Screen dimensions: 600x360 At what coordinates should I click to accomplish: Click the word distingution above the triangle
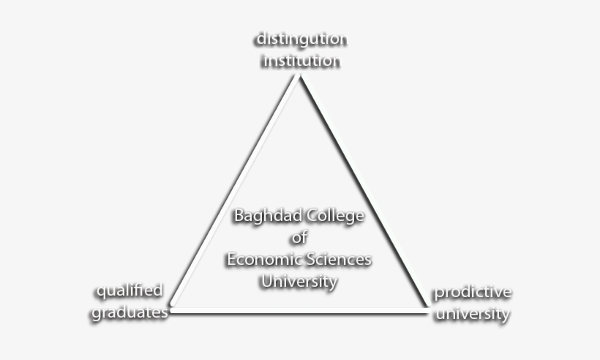point(302,40)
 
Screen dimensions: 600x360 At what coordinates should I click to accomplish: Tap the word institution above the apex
point(301,61)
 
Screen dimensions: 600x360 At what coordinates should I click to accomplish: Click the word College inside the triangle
point(336,216)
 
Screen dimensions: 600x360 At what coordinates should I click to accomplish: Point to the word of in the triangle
point(299,238)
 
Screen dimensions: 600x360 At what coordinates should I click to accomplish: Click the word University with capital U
point(299,282)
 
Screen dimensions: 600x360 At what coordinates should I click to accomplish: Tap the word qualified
point(130,291)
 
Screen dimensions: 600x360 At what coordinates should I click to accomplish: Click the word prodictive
point(473,293)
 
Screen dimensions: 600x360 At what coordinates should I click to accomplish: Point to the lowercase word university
point(473,315)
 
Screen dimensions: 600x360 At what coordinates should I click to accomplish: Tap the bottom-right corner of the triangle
point(427,310)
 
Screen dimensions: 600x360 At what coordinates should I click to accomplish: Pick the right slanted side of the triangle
point(364,190)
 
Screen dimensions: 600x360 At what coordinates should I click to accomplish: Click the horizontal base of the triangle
point(299,311)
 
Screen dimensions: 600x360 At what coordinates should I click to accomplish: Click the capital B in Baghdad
point(239,215)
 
